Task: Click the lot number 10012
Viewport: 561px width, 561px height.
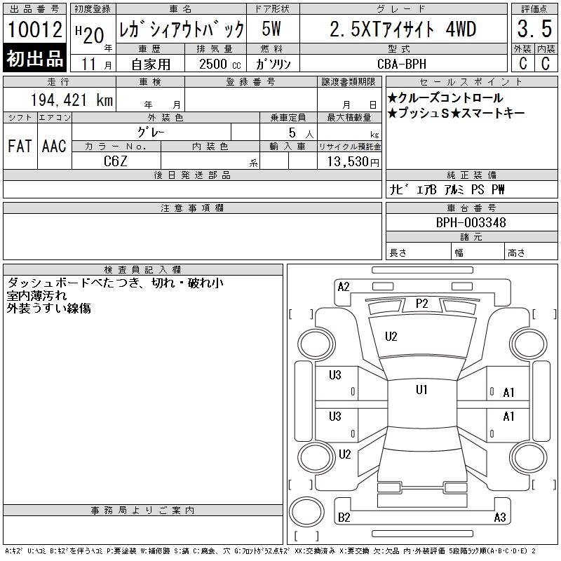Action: (x=34, y=29)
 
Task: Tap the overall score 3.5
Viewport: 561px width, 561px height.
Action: (x=534, y=29)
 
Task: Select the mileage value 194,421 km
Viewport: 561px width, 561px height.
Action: (x=72, y=100)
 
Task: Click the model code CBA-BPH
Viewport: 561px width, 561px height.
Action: (x=402, y=64)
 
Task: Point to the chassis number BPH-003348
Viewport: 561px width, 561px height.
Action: (x=471, y=222)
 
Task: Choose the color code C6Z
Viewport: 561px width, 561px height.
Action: (x=115, y=161)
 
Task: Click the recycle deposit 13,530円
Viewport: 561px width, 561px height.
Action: (x=353, y=161)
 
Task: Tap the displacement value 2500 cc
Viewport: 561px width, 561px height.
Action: (x=219, y=64)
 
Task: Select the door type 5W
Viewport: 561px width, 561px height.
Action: (x=271, y=29)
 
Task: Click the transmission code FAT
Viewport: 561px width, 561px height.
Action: (x=20, y=146)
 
